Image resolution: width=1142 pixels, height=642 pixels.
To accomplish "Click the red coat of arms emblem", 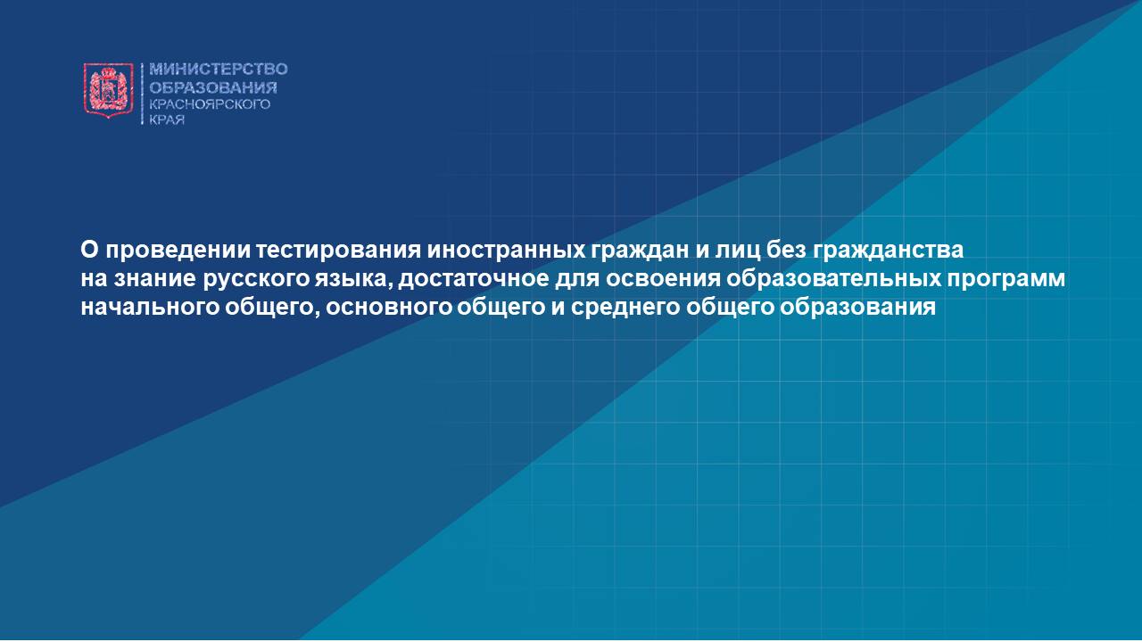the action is click(109, 90).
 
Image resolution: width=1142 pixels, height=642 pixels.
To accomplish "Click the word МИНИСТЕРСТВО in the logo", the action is click(219, 70).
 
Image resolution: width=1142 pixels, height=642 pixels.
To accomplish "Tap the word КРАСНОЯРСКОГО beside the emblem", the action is click(210, 104).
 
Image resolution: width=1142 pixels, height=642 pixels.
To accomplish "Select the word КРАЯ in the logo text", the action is click(167, 120).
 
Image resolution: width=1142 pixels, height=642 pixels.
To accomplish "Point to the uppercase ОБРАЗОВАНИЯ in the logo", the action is click(213, 87).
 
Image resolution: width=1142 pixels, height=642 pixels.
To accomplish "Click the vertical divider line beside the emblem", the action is click(142, 94).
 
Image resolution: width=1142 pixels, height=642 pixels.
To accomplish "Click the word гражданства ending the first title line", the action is click(888, 251).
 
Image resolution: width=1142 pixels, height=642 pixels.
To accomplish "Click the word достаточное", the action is click(474, 280).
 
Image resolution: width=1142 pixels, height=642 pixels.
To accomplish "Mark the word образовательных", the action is click(833, 279).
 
